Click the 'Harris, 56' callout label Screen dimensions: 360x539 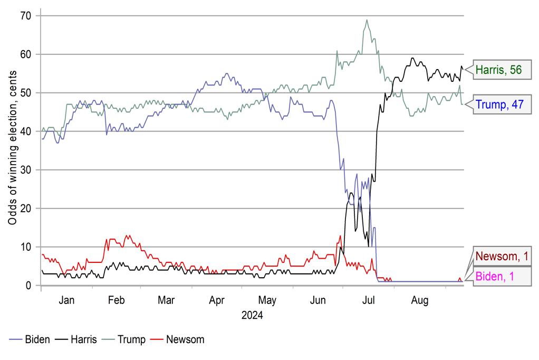pos(498,69)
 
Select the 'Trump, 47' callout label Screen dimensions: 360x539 pos(499,104)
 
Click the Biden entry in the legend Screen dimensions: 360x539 pos(31,339)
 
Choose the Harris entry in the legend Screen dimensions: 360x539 pos(78,339)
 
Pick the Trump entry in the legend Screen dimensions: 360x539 pos(125,339)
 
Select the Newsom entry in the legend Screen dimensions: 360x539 pos(178,339)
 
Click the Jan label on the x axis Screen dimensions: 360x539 pos(66,300)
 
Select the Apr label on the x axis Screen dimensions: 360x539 pos(217,300)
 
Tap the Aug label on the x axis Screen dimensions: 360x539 pos(419,300)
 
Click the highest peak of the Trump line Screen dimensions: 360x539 pos(367,20)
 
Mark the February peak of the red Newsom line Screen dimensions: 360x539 pos(127,235)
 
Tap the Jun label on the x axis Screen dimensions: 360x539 pos(318,300)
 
